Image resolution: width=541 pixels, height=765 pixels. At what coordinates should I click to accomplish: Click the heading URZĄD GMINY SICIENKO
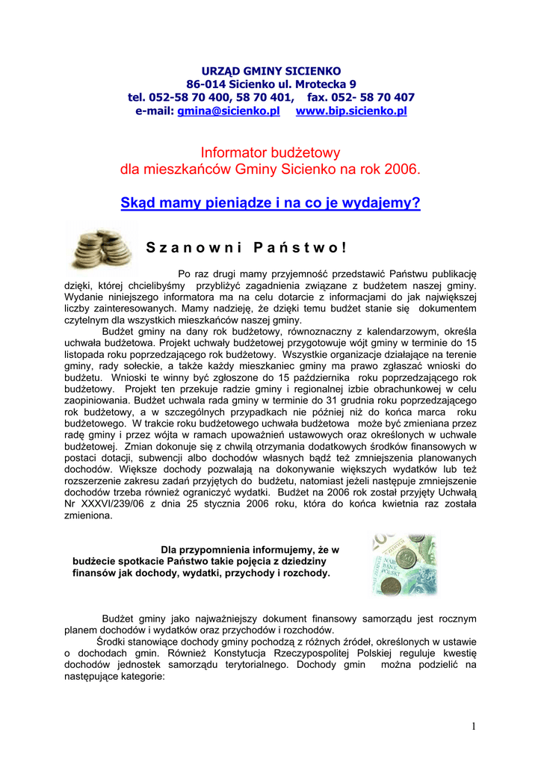(x=270, y=69)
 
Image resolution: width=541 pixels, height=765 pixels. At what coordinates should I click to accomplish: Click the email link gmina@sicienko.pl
(x=228, y=111)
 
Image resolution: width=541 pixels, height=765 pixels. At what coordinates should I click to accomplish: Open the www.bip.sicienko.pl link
(x=351, y=111)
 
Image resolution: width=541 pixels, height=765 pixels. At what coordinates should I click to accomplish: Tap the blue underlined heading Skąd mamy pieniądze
(x=270, y=202)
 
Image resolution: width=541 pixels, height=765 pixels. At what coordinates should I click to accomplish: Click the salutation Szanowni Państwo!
(x=246, y=247)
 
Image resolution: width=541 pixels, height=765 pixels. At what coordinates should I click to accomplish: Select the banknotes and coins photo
(x=404, y=563)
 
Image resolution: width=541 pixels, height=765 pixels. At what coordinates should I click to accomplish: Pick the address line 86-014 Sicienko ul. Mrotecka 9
(x=270, y=84)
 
